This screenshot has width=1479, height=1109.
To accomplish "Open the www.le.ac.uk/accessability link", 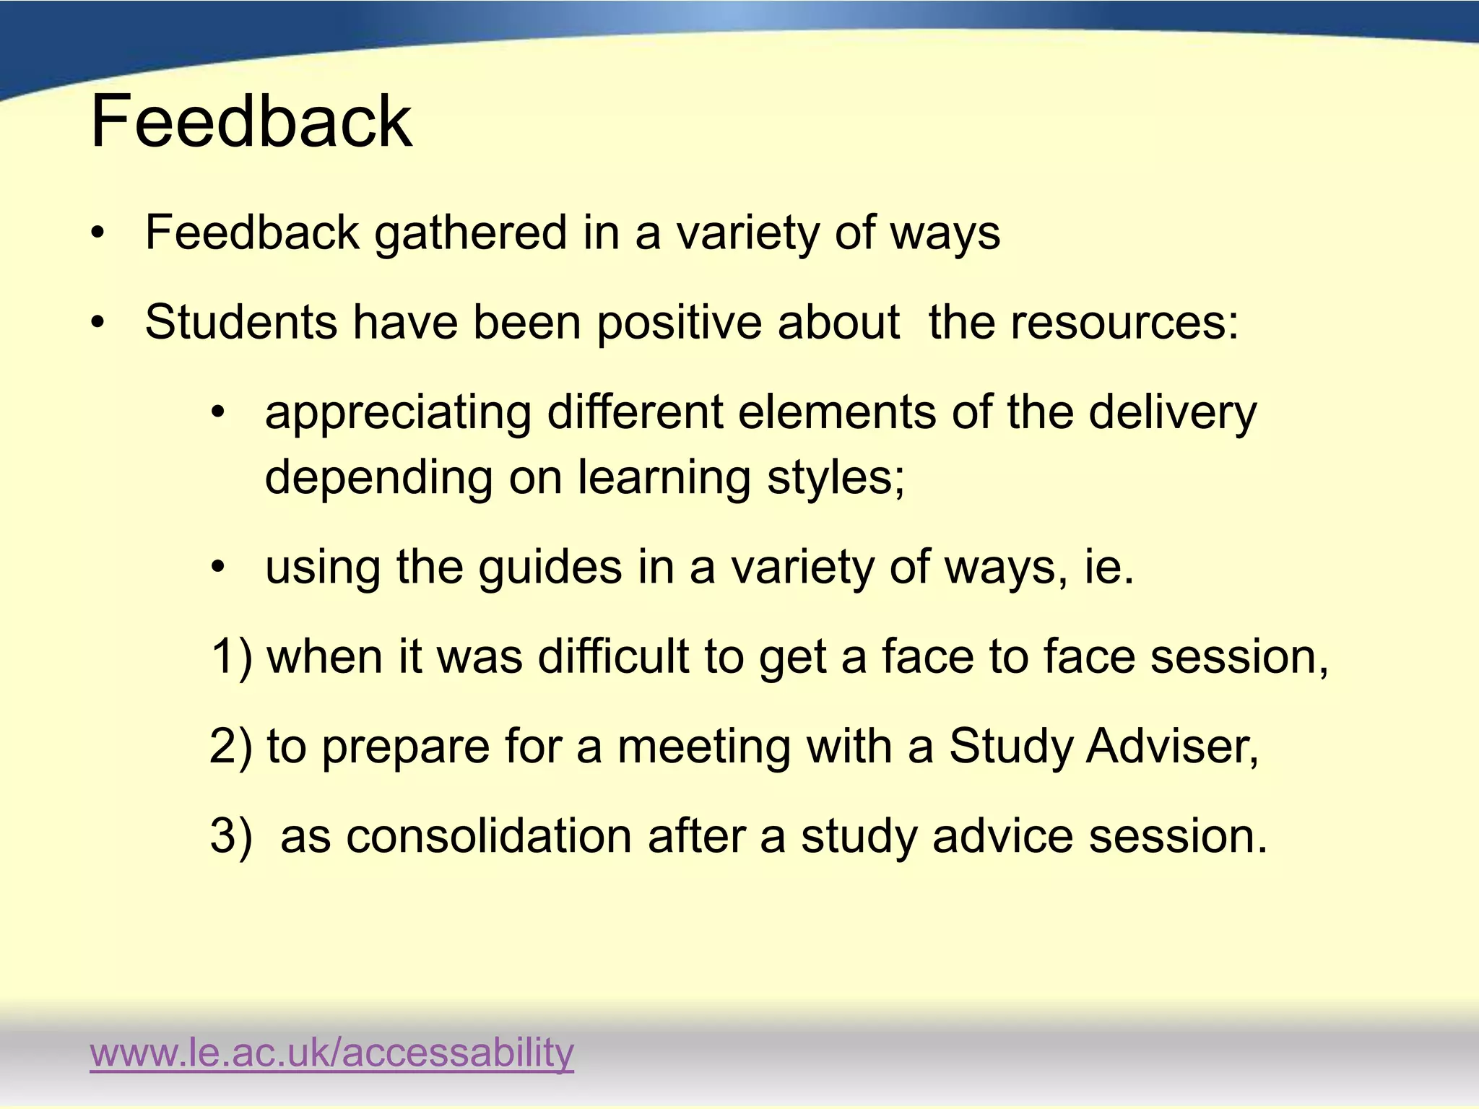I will pyautogui.click(x=331, y=1052).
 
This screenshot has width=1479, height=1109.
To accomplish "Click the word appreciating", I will pyautogui.click(x=398, y=413).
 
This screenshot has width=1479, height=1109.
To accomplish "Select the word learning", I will pyautogui.click(x=664, y=478).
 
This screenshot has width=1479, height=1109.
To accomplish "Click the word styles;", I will pyautogui.click(x=836, y=478).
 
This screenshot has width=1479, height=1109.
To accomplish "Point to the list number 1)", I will pyautogui.click(x=231, y=657).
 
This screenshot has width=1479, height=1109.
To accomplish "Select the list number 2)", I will pyautogui.click(x=231, y=747).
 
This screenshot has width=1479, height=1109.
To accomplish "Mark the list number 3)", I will pyautogui.click(x=231, y=836).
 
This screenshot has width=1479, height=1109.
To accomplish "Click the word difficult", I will pyautogui.click(x=613, y=657).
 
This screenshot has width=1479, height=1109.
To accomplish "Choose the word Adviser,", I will pyautogui.click(x=1173, y=747).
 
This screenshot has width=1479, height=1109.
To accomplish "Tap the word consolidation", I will pyautogui.click(x=489, y=836).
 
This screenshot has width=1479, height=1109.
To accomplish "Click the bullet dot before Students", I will pyautogui.click(x=98, y=322).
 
